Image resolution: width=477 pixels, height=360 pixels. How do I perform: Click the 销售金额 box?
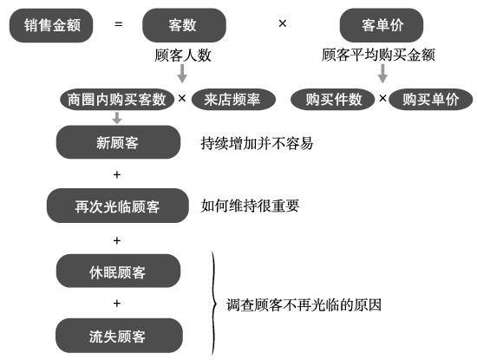(51, 25)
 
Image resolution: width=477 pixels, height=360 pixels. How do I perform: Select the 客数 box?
(184, 25)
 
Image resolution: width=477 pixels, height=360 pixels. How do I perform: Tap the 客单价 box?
(382, 25)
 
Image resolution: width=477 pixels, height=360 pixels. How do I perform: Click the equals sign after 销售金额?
(119, 24)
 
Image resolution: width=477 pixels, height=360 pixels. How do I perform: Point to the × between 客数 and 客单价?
(283, 23)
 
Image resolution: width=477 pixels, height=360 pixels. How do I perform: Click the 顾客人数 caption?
(183, 55)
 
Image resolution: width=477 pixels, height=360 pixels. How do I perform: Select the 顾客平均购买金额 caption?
(378, 55)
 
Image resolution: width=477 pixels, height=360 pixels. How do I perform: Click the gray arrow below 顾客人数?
(182, 74)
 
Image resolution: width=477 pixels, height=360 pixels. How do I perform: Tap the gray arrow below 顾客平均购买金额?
(382, 74)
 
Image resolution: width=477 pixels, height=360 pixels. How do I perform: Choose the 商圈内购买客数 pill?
(117, 99)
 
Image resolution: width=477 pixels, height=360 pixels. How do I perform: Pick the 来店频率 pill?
(233, 99)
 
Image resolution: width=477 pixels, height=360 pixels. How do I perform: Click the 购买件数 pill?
(333, 99)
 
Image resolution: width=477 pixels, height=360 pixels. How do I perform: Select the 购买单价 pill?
(431, 99)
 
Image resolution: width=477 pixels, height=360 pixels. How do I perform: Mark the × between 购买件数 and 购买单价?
(382, 98)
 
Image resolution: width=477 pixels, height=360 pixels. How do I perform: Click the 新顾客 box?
(118, 142)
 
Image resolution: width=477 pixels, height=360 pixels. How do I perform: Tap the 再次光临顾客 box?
(118, 206)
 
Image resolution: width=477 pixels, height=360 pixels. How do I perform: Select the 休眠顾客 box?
(118, 271)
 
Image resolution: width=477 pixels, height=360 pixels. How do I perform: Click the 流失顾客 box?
(119, 336)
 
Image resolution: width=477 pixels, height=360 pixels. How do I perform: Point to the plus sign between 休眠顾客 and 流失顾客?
(117, 304)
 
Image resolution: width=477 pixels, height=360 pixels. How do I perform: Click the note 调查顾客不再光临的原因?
(304, 305)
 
